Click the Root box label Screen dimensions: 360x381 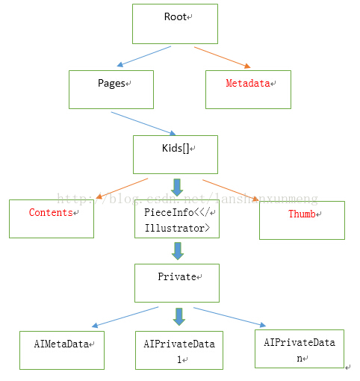click(176, 16)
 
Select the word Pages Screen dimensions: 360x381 click(111, 84)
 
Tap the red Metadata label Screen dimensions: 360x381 click(248, 83)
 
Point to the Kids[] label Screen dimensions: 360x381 click(176, 148)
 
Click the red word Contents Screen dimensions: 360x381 click(51, 212)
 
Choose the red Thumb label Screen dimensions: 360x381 click(302, 214)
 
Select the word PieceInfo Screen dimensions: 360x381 click(169, 212)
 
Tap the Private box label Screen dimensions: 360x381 click(177, 276)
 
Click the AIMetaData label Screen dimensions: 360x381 click(61, 344)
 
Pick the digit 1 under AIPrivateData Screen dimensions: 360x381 click(179, 359)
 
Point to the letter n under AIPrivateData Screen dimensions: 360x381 click(300, 359)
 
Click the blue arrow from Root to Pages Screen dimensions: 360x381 click(144, 56)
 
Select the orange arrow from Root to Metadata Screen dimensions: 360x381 click(223, 58)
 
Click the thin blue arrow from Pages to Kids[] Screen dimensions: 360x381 click(143, 124)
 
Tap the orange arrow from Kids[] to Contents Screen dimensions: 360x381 click(122, 188)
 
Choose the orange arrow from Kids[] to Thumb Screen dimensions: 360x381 click(231, 190)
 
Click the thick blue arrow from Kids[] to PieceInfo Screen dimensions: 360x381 click(177, 188)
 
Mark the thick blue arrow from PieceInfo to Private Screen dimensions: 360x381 click(178, 251)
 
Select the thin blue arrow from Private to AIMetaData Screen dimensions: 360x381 click(125, 317)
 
